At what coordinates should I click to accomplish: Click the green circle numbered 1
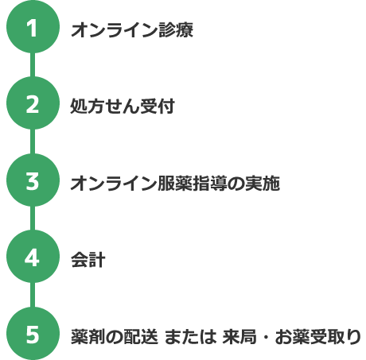[x=33, y=27]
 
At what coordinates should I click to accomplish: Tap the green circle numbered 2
[x=33, y=103]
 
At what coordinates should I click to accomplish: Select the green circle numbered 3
[x=33, y=180]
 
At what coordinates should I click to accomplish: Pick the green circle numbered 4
[x=33, y=257]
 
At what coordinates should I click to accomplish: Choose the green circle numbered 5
[x=33, y=333]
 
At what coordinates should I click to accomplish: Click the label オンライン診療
[x=132, y=29]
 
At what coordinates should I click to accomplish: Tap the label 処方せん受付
[x=123, y=106]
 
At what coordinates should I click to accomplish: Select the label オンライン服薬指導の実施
[x=175, y=183]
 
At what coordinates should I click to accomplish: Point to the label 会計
[x=88, y=260]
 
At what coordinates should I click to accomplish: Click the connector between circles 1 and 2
[x=33, y=65]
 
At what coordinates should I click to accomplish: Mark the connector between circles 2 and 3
[x=33, y=141]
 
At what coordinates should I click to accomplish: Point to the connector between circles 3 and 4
[x=33, y=219]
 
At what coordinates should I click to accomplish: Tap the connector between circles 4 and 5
[x=33, y=295]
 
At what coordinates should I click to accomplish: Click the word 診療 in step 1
[x=176, y=29]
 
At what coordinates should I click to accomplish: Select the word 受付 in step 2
[x=158, y=106]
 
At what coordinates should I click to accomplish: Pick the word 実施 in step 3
[x=263, y=183]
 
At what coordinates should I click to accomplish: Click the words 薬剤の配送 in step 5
[x=115, y=337]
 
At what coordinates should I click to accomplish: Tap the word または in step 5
[x=190, y=337]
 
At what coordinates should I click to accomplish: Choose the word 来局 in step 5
[x=239, y=337]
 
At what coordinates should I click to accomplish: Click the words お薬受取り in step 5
[x=318, y=337]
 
